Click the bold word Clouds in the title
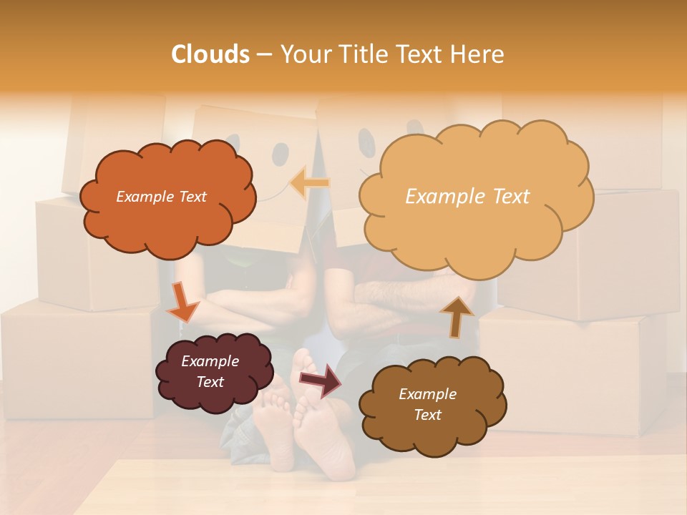tap(210, 54)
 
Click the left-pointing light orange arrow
tap(309, 183)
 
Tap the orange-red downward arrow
tap(183, 302)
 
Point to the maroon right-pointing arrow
tap(320, 378)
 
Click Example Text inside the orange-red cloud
tap(161, 197)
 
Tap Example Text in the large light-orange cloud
tap(467, 197)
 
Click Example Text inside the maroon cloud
tap(210, 371)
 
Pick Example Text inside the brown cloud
tap(427, 404)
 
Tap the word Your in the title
tap(301, 54)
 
